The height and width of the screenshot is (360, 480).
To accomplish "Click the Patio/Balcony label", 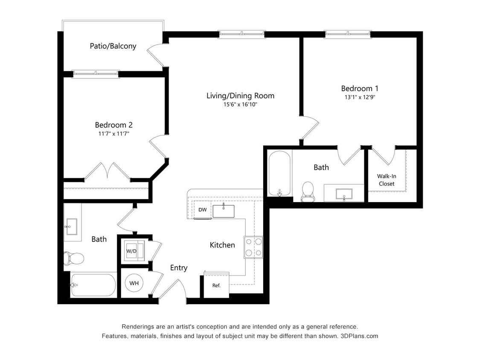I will click(x=113, y=46).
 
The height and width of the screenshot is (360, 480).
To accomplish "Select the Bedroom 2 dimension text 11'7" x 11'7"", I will click(x=113, y=134).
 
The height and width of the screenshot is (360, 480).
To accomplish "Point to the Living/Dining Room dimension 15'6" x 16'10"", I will click(x=240, y=104).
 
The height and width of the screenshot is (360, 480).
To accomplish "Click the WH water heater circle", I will click(x=134, y=283).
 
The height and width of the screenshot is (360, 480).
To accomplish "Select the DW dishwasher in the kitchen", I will click(x=202, y=210).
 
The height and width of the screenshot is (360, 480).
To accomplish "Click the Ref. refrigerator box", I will click(x=216, y=285).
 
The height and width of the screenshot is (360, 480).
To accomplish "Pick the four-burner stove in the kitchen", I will click(x=253, y=247).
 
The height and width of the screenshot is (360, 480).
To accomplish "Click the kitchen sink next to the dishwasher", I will click(x=223, y=211).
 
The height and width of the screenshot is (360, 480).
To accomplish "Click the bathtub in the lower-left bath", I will click(x=93, y=285).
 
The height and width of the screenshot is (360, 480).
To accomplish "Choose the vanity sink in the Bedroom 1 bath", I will click(x=343, y=193).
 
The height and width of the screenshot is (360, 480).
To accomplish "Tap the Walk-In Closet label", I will click(x=386, y=180).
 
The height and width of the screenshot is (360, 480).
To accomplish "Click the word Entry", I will click(x=178, y=268).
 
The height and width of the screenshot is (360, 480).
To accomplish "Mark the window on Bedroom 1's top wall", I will click(x=348, y=34).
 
